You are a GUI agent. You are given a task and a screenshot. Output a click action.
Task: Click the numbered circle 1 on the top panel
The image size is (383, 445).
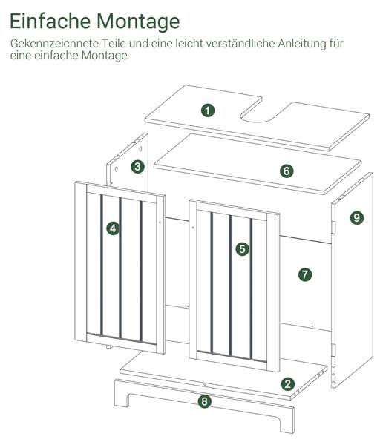click(208, 110)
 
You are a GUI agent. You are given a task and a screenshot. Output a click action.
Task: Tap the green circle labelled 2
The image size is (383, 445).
click(287, 384)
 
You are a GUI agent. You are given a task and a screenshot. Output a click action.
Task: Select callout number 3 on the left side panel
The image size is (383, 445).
click(137, 167)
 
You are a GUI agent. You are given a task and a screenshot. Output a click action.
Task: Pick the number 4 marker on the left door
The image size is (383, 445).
click(113, 228)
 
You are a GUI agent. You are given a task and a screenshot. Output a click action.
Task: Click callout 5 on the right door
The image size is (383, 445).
click(243, 249)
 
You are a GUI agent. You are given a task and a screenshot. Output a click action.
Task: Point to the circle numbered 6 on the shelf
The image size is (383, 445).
click(287, 171)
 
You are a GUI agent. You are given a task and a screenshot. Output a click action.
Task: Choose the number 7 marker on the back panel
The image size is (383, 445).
click(305, 274)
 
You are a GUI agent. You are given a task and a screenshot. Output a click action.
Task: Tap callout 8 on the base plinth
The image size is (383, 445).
click(204, 401)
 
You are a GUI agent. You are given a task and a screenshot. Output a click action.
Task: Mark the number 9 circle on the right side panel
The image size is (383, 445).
click(356, 217)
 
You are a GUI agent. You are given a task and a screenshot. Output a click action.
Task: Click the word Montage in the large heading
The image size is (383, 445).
click(138, 22)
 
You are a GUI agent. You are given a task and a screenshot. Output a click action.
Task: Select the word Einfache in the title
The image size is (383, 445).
click(50, 21)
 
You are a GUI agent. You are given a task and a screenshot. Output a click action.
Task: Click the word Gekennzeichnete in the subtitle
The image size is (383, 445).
click(54, 44)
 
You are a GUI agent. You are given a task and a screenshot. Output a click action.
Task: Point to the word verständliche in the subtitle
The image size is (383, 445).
click(240, 44)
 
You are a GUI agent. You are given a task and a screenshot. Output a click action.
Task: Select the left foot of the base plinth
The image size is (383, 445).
click(121, 398)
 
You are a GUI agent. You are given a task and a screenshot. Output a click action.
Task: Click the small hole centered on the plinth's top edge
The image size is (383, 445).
click(205, 384)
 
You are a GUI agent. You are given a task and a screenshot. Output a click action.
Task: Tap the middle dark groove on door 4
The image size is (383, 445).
click(120, 268)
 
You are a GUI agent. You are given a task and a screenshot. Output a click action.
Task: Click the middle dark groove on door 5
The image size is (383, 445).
click(230, 286)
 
